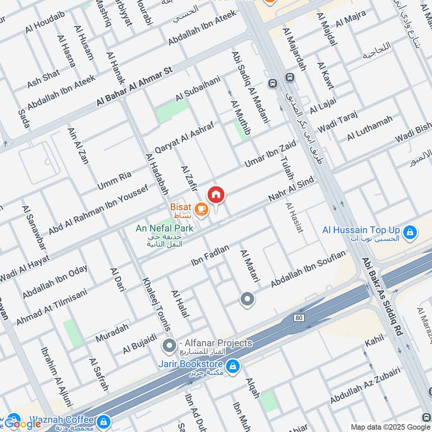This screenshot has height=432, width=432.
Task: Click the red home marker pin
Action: tap(216, 195)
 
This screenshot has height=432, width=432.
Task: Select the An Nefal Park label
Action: tap(165, 228)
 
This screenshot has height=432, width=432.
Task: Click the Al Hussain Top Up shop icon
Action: tap(410, 232)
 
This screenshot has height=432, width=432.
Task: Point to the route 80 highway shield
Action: tap(299, 318)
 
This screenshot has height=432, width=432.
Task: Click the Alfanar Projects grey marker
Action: tap(170, 344)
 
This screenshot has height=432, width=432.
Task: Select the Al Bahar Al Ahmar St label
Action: tap(134, 86)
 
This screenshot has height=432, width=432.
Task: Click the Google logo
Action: tap(23, 423)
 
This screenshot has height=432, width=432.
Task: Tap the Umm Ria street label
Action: tap(114, 180)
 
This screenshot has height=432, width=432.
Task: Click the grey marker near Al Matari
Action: tap(247, 299)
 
